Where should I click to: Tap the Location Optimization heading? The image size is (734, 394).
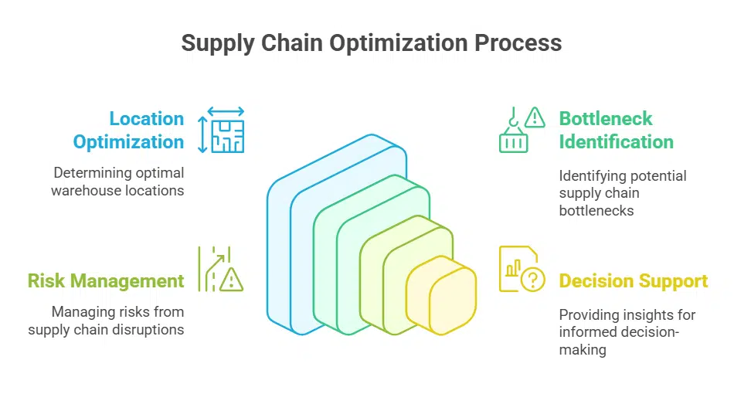click(128, 130)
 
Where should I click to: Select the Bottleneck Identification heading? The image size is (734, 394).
click(616, 130)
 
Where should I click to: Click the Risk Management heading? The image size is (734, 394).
click(106, 280)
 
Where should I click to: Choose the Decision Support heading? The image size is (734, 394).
click(633, 280)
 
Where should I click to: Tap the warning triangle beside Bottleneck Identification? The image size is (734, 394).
click(534, 117)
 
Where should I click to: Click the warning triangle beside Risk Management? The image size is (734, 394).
click(231, 280)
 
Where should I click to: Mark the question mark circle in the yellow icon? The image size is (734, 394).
click(533, 279)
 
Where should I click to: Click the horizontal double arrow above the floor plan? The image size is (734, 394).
click(226, 111)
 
